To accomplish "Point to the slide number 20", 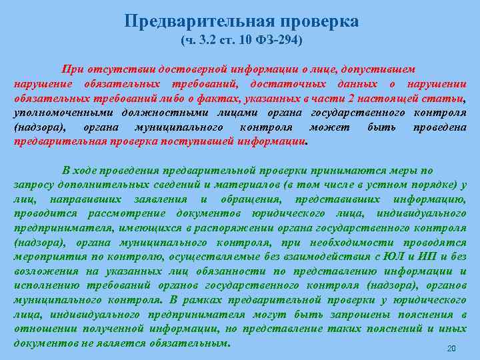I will pyautogui.click(x=451, y=349).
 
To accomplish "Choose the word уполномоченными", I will pyautogui.click(x=54, y=113).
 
